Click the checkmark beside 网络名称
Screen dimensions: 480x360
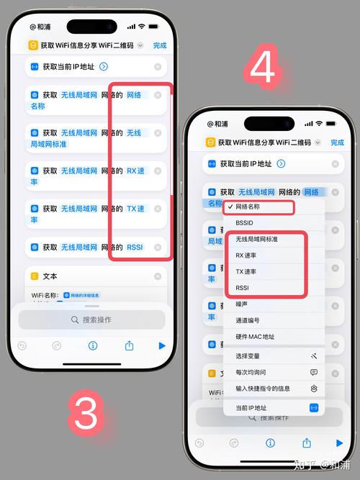pos(229,207)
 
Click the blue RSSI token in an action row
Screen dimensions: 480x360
pos(135,248)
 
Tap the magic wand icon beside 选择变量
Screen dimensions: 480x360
pos(313,356)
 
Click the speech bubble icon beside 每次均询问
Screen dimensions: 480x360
pos(313,373)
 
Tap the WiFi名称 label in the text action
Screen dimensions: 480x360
pos(45,295)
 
